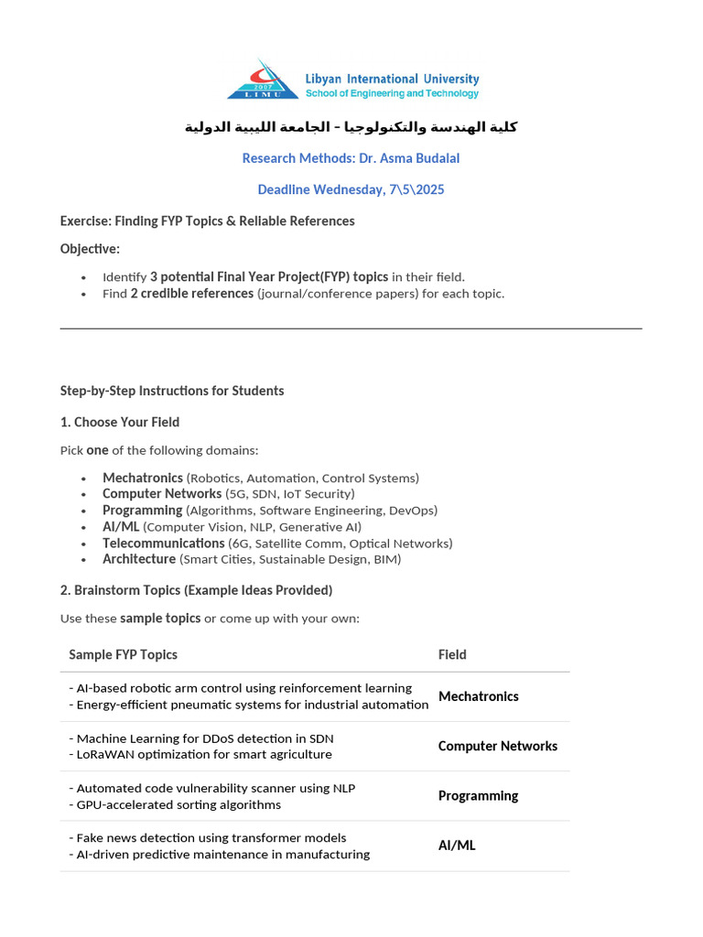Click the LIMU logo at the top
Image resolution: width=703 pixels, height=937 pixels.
pyautogui.click(x=263, y=80)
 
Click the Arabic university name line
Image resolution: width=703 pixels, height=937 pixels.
pyautogui.click(x=351, y=126)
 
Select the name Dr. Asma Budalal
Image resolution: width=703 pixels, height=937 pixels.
pyautogui.click(x=409, y=158)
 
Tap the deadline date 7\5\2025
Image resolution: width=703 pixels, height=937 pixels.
pyautogui.click(x=416, y=189)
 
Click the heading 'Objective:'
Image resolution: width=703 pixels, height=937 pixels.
pyautogui.click(x=90, y=249)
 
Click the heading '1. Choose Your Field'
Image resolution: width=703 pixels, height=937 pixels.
pyautogui.click(x=119, y=422)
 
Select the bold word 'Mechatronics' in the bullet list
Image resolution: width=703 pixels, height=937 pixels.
pyautogui.click(x=142, y=478)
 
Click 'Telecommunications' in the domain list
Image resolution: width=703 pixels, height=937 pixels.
pyautogui.click(x=163, y=544)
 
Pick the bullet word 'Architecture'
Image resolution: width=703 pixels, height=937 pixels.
pyautogui.click(x=139, y=559)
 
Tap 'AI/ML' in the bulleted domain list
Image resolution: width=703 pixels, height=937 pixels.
pyautogui.click(x=121, y=527)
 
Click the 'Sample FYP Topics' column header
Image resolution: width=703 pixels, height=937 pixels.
pyautogui.click(x=123, y=654)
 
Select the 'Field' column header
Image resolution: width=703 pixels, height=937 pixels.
pyautogui.click(x=452, y=654)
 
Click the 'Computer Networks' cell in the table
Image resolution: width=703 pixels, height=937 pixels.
pyautogui.click(x=497, y=746)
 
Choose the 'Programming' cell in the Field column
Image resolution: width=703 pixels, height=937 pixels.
pyautogui.click(x=478, y=796)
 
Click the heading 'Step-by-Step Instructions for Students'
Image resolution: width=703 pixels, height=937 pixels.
pyautogui.click(x=172, y=391)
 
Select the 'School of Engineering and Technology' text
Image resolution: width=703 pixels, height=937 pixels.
pyautogui.click(x=392, y=93)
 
